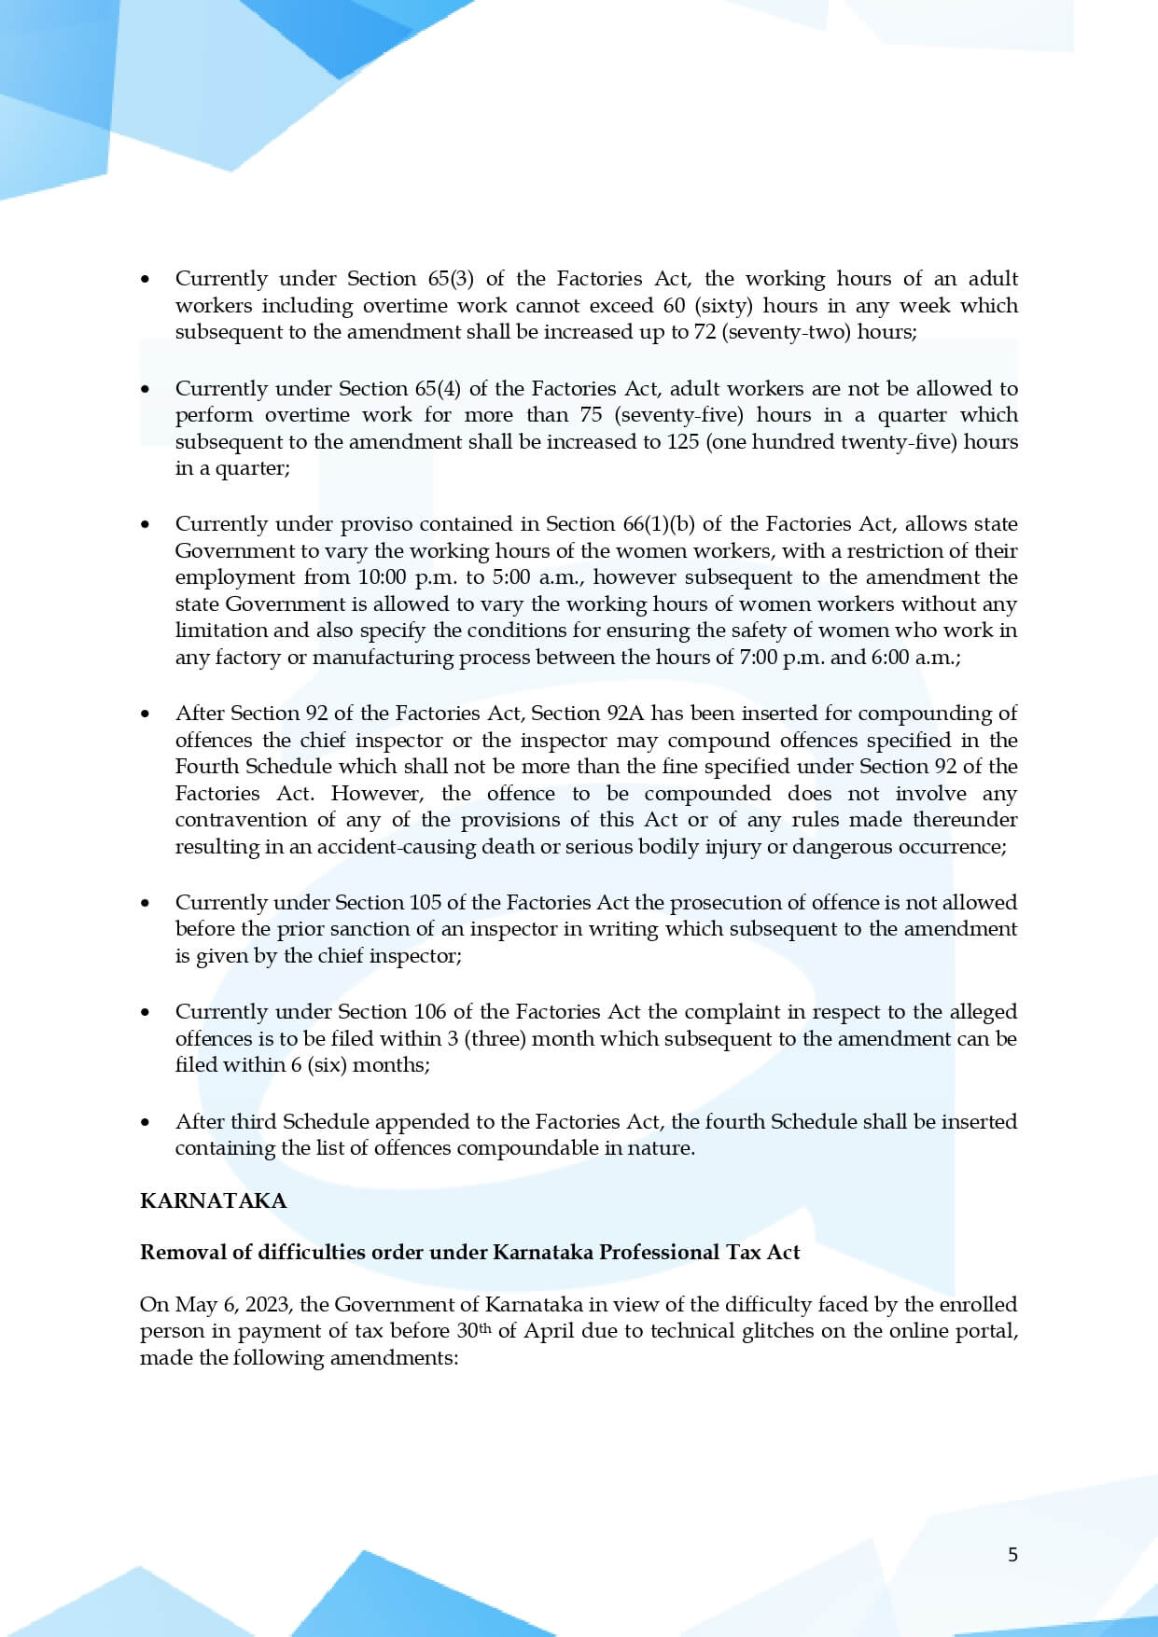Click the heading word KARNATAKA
point(213,1200)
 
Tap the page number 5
point(1012,1554)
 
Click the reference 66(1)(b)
point(659,524)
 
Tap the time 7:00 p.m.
point(781,658)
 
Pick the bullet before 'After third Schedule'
point(145,1122)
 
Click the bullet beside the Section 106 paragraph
point(145,1012)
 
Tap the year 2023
point(267,1305)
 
